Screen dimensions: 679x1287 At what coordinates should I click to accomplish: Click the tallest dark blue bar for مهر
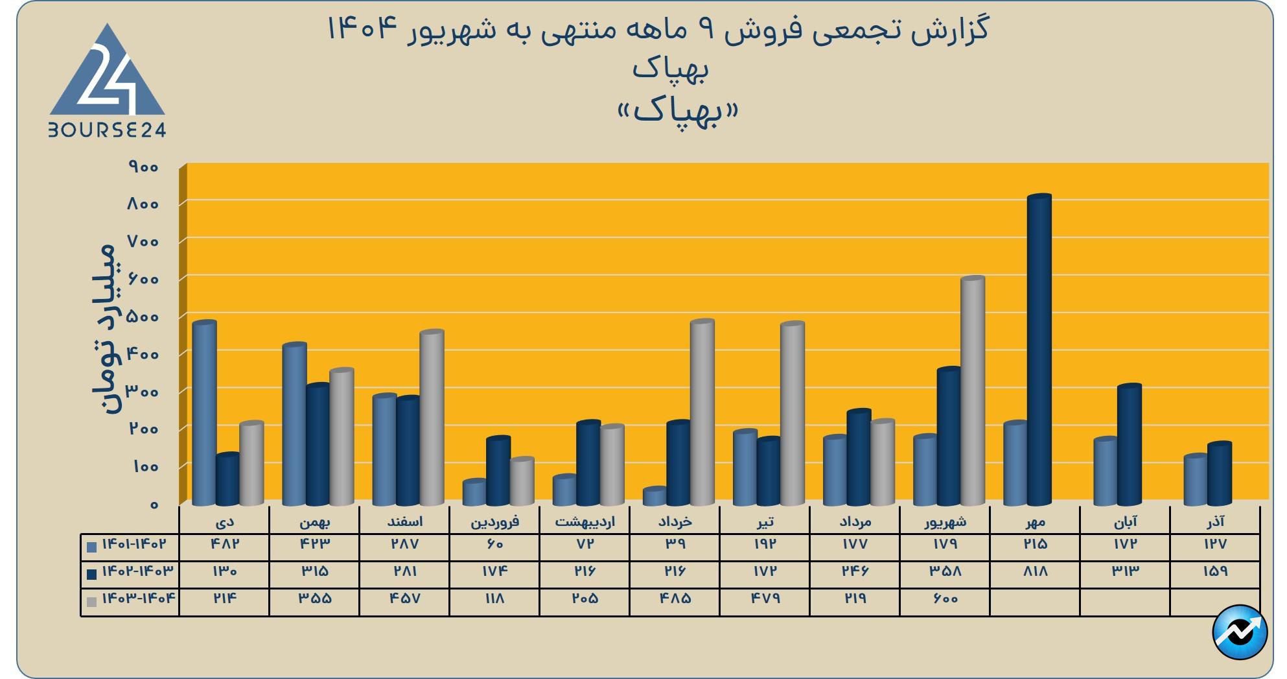coord(1039,350)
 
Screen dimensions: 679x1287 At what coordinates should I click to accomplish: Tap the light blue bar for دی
coord(204,412)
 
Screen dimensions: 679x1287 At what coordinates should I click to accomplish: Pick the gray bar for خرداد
coord(702,412)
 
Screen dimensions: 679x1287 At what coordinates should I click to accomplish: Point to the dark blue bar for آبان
coord(1129,445)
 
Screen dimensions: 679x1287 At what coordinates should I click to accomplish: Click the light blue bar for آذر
coord(1195,481)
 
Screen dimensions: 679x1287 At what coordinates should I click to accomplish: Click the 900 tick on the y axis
coord(144,167)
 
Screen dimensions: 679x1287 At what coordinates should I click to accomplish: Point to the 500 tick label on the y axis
coord(144,317)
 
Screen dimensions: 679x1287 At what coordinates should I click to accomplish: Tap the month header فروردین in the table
coord(494,521)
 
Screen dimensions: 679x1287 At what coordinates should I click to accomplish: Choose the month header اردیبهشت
coord(585,521)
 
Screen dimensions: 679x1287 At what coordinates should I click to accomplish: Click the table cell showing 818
coord(1035,571)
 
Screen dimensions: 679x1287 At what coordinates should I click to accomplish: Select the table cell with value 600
coord(945,599)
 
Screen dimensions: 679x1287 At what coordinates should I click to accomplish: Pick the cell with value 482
coord(224,544)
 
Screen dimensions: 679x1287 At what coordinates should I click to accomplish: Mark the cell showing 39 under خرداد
coord(675,544)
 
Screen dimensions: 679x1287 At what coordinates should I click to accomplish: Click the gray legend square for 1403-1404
coord(91,602)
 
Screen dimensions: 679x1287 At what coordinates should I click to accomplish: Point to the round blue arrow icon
coord(1239,632)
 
